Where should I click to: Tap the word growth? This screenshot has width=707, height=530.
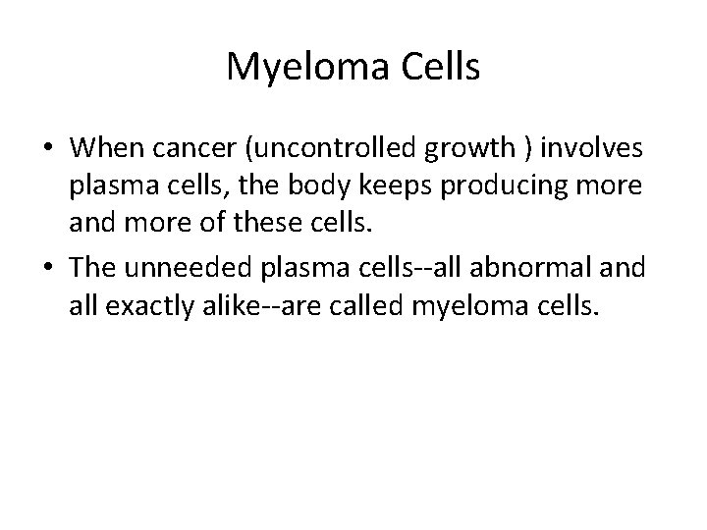pyautogui.click(x=454, y=149)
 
